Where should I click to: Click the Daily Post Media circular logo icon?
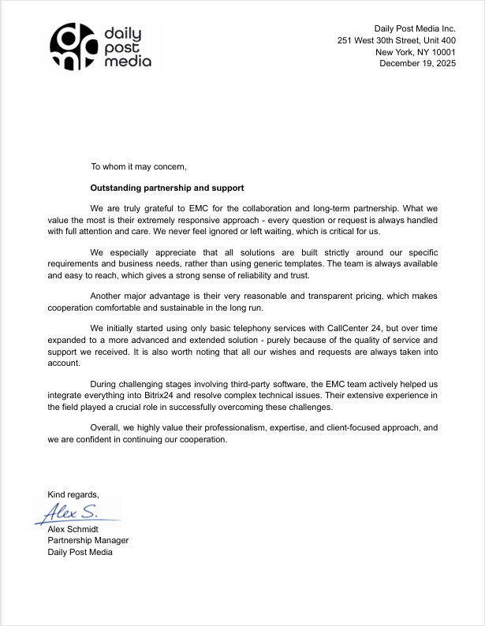tap(73, 48)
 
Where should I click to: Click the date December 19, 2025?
tap(417, 64)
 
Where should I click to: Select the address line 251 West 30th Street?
tap(396, 40)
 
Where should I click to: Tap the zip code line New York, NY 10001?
tap(415, 52)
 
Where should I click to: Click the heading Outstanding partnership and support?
tap(167, 188)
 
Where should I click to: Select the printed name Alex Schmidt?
tap(78, 528)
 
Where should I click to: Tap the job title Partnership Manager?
tap(88, 540)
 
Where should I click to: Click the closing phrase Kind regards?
tap(73, 494)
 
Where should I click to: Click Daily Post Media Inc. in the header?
tap(415, 28)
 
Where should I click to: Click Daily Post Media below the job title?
tap(80, 552)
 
